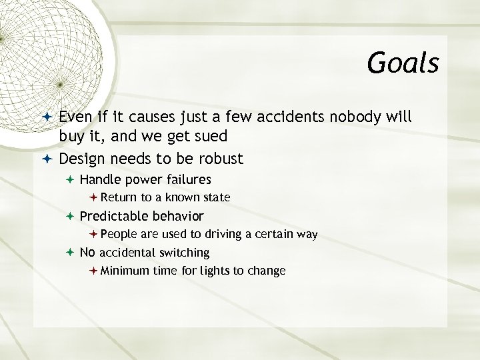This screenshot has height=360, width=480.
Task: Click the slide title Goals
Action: coord(403,63)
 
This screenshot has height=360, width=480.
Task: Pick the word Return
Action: coord(119,197)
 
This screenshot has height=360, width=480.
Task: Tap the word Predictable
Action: coord(114,216)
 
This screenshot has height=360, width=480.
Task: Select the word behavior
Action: coord(178,216)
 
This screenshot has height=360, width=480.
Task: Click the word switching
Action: coord(183,253)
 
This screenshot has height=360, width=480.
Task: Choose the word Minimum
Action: coord(125,271)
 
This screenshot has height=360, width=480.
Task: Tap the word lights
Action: coord(217,271)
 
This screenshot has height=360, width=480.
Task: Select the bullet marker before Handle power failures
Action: coord(70,179)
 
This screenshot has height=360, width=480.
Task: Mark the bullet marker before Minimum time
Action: coord(93,271)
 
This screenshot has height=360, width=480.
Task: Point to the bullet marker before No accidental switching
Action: coord(70,253)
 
